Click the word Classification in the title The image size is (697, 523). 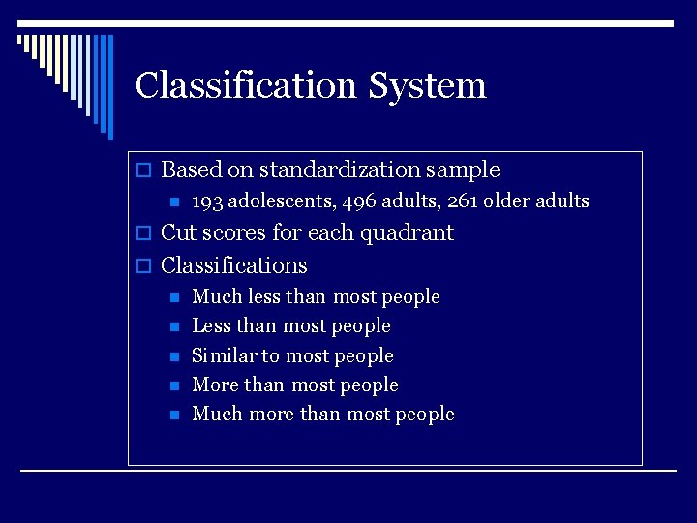click(247, 85)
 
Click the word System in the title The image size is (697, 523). click(427, 85)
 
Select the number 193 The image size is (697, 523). click(207, 201)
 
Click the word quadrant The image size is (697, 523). click(407, 233)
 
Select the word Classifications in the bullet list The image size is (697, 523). click(233, 265)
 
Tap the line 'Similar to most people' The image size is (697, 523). click(292, 355)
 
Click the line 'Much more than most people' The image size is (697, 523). click(323, 415)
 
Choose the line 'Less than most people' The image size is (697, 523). click(291, 326)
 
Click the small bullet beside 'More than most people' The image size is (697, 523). click(173, 385)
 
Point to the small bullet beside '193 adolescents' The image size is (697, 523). click(173, 202)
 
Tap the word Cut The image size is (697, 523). click(176, 233)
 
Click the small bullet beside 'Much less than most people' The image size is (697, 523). click(173, 297)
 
